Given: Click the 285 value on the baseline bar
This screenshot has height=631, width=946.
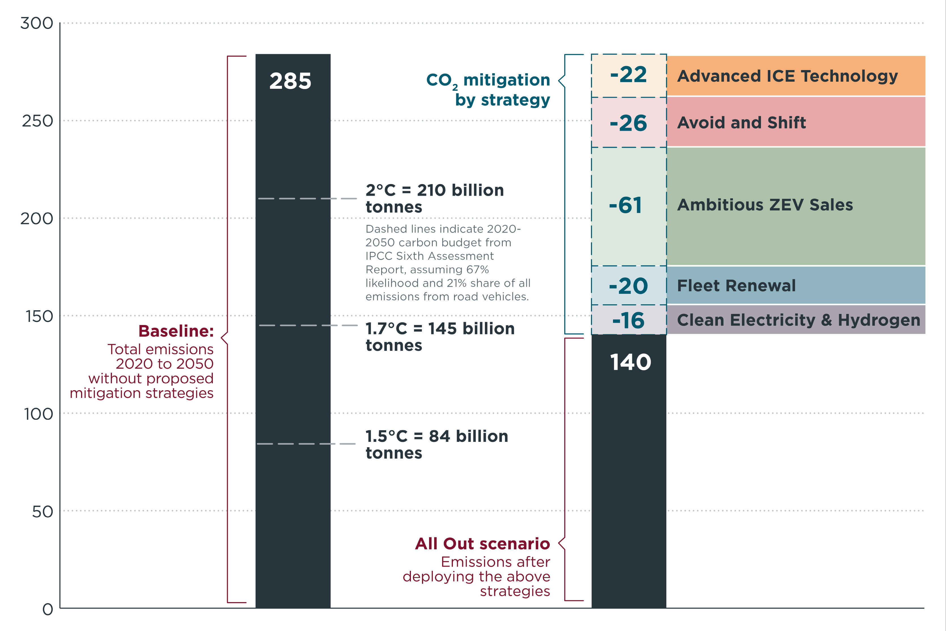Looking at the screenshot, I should pos(290,81).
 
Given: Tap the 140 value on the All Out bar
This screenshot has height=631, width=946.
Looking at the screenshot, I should pos(630,362).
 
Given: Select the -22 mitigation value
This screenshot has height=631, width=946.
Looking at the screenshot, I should pos(628,75).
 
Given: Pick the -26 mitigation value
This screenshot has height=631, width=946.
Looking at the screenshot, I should pos(628,123).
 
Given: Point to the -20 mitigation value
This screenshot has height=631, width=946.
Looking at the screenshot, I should pos(628,286).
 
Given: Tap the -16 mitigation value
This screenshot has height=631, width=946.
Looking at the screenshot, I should pos(628,321).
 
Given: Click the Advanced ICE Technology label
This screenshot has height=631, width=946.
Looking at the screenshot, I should pos(787,76).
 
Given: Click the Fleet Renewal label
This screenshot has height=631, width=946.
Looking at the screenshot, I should pos(736,286).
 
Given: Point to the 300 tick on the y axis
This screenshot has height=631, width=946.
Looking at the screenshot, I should pos(37,23).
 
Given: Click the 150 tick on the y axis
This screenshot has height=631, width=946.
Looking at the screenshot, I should pos(39,316).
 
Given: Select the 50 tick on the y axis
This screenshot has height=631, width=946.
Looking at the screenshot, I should pos(43,512).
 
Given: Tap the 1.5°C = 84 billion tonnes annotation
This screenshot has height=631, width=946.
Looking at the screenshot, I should pos(436,444).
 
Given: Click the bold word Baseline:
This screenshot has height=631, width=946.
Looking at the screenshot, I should pos(176,331).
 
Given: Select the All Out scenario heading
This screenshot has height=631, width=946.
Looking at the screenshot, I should pos(482,544).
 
